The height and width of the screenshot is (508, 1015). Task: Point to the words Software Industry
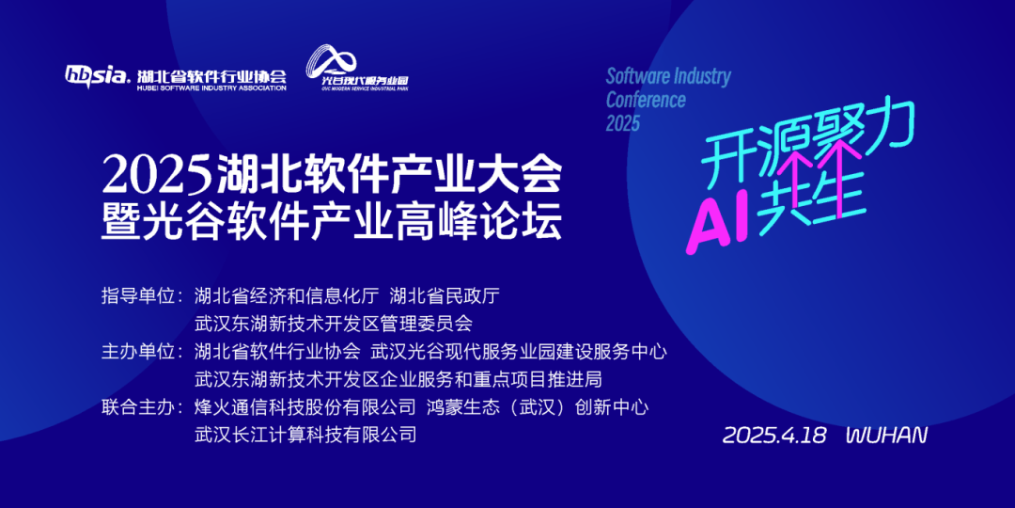[668, 77]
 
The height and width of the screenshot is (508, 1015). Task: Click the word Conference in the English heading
[646, 100]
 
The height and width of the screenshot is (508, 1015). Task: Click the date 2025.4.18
[774, 435]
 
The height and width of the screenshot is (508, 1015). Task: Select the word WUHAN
[887, 435]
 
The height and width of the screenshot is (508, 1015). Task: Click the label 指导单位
[139, 296]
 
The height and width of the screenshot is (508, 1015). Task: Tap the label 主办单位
[139, 352]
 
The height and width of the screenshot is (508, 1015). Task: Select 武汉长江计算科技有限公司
[304, 434]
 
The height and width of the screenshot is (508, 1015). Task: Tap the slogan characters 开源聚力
[808, 143]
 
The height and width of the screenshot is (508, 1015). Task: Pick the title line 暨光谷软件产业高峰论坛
[331, 222]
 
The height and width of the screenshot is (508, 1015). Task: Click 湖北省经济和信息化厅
[286, 296]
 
